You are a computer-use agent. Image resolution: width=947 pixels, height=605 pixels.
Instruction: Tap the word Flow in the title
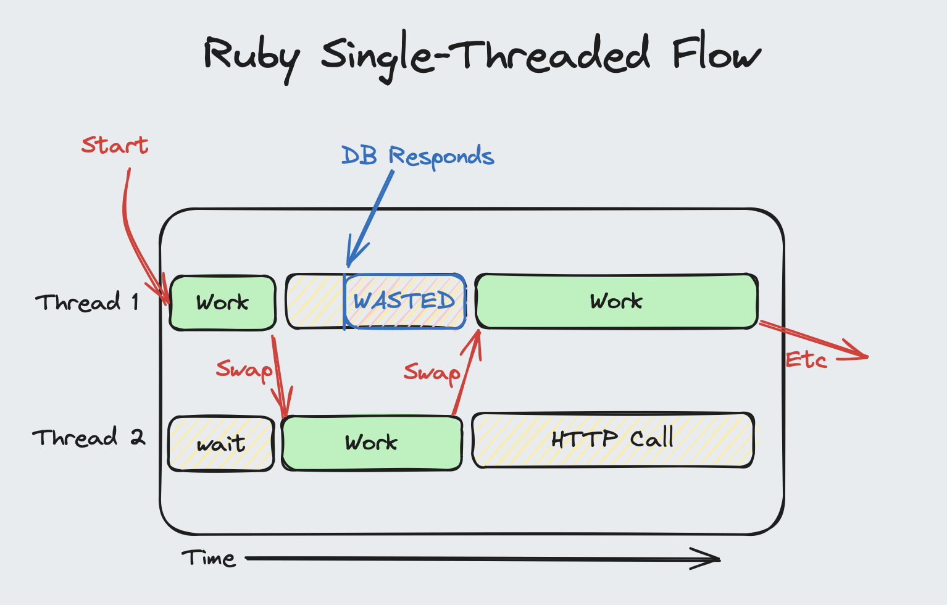pyautogui.click(x=715, y=54)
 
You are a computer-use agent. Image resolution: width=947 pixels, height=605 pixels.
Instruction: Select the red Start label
pyautogui.click(x=115, y=145)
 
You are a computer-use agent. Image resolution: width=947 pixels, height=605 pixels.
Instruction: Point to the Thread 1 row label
pyautogui.click(x=87, y=302)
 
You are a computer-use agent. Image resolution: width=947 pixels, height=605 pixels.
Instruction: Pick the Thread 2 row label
pyautogui.click(x=88, y=438)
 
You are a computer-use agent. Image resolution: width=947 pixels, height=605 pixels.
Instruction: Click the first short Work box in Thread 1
pyautogui.click(x=223, y=302)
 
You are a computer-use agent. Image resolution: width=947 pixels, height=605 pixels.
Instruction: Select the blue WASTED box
pyautogui.click(x=404, y=301)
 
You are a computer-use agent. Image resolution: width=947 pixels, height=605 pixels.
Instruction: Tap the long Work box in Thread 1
pyautogui.click(x=616, y=301)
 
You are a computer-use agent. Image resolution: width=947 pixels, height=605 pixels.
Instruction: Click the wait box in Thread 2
pyautogui.click(x=221, y=444)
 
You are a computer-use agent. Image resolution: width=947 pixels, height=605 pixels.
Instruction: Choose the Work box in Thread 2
pyautogui.click(x=372, y=443)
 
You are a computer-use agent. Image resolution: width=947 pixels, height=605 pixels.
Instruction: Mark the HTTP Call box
pyautogui.click(x=612, y=440)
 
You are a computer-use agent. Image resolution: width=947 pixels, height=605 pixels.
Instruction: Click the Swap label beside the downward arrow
pyautogui.click(x=244, y=370)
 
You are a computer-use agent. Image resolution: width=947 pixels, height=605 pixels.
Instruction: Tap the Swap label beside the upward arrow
pyautogui.click(x=432, y=373)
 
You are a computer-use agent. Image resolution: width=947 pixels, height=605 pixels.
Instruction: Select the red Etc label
pyautogui.click(x=806, y=360)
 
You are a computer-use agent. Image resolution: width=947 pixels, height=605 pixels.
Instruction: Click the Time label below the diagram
pyautogui.click(x=209, y=558)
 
